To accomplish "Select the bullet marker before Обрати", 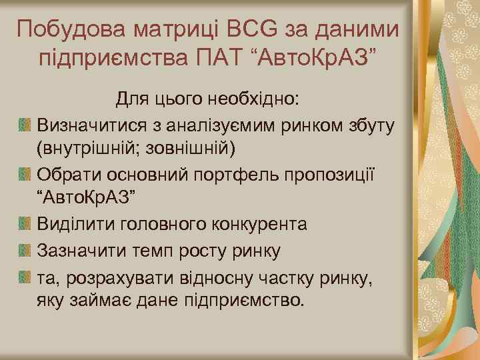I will [25, 174].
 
